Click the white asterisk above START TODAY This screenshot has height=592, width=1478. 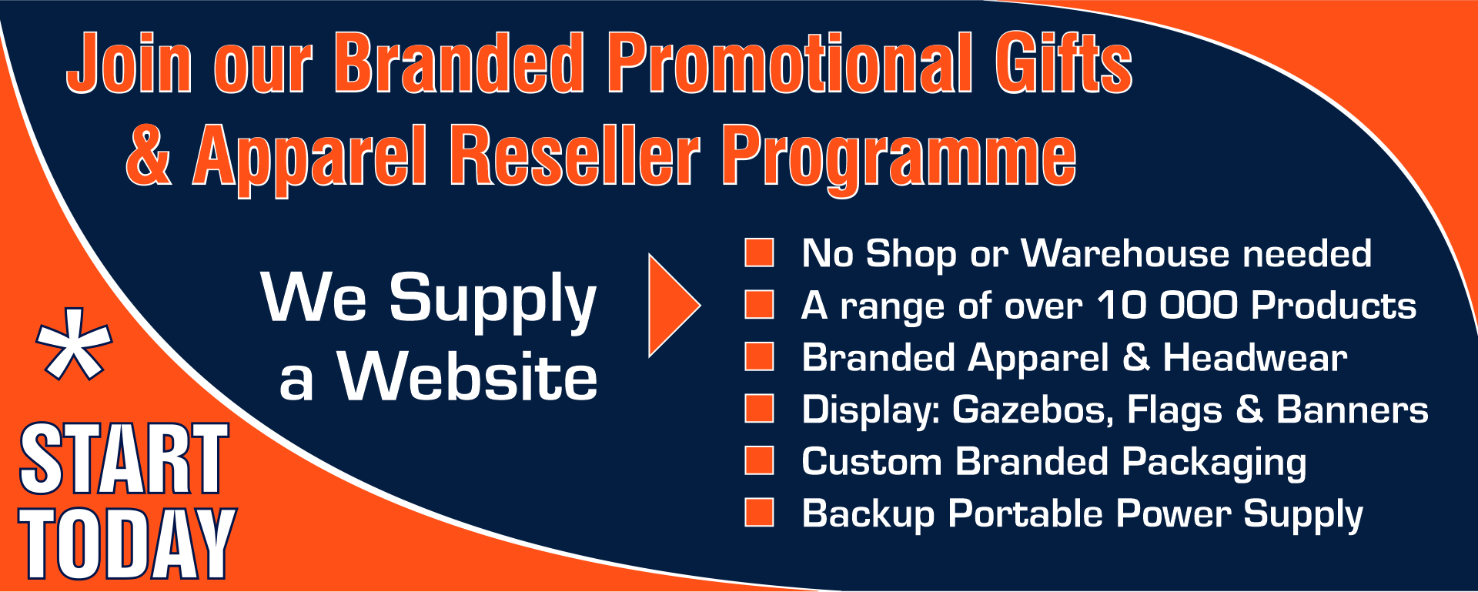[75, 345]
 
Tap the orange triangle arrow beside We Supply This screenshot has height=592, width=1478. [674, 305]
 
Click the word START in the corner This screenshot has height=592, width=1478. [124, 459]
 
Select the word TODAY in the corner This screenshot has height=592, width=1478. [127, 544]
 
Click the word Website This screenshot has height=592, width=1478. [467, 376]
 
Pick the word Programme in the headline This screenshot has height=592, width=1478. [898, 160]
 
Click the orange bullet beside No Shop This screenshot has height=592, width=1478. [759, 253]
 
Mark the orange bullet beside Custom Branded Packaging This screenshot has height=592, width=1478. [759, 460]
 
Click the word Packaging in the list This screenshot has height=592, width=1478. [1214, 463]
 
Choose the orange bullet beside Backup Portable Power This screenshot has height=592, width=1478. [759, 513]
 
